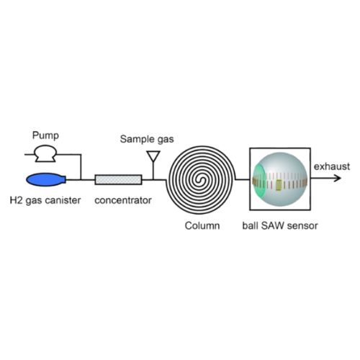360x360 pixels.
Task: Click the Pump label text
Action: (45, 135)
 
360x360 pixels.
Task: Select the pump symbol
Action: (45, 154)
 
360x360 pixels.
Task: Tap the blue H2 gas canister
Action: (45, 179)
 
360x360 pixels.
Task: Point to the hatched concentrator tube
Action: (118, 179)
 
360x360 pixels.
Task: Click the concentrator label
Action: (123, 200)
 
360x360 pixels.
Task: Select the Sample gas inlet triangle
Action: (153, 156)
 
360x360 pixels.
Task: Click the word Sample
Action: (138, 140)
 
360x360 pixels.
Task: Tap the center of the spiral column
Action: (201, 180)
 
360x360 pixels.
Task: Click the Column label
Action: (202, 225)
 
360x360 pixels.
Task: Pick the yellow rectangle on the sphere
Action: (279, 186)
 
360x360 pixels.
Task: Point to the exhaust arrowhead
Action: (338, 178)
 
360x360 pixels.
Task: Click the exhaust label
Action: (332, 166)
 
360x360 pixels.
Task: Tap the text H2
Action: (16, 200)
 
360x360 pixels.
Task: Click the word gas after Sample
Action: (166, 140)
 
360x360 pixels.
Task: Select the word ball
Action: (251, 225)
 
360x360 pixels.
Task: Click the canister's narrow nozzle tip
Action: (65, 179)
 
